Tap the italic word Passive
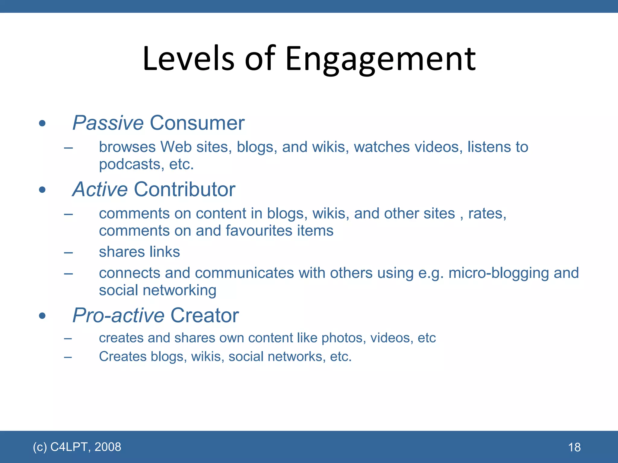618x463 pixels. [108, 123]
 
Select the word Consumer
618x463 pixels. [197, 123]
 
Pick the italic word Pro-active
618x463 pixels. [118, 315]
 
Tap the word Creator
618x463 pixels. [205, 315]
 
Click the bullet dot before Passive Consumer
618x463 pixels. [42, 123]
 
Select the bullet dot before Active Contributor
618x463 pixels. [42, 190]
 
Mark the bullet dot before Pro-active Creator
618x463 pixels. [42, 316]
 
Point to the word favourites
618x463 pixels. [259, 231]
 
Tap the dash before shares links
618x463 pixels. [68, 252]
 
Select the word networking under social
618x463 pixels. [180, 290]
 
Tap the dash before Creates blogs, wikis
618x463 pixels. [68, 357]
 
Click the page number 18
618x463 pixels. [574, 447]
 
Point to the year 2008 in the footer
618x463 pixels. [108, 447]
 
